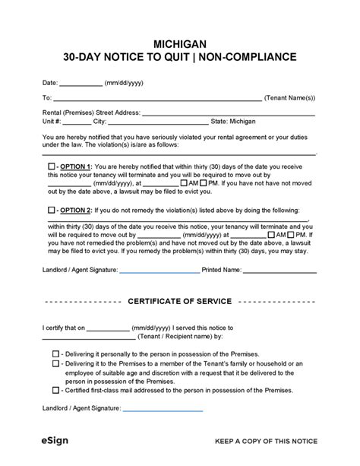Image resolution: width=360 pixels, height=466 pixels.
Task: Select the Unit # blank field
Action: (76, 122)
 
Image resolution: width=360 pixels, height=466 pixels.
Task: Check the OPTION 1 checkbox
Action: (52, 166)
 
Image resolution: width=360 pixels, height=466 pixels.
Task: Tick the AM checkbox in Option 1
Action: (183, 183)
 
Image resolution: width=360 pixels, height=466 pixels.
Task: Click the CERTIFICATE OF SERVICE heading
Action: (179, 302)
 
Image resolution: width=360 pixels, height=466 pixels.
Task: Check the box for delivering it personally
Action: (56, 354)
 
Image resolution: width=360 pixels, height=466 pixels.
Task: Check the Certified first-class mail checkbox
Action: (56, 390)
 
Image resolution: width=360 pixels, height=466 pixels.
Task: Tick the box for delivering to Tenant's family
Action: (56, 363)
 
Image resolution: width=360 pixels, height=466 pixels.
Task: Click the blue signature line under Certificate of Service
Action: (163, 410)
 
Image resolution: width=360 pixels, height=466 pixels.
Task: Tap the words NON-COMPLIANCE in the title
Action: (254, 58)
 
